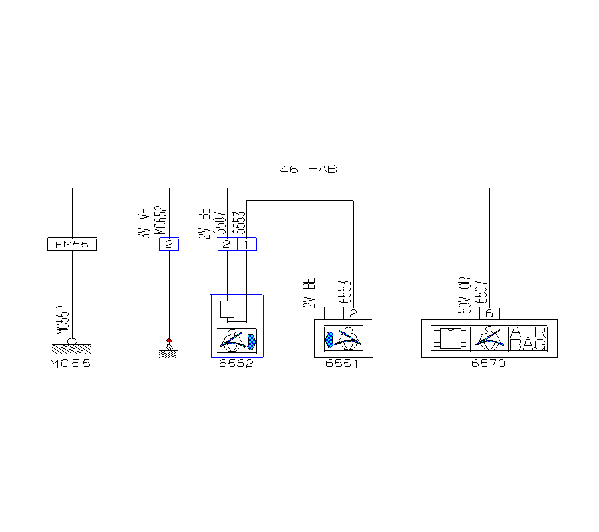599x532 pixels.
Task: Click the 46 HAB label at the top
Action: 309,170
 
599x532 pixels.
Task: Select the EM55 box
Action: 72,245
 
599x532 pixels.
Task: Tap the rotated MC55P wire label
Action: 62,321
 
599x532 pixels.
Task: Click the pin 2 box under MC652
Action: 169,245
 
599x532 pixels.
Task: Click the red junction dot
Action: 169,340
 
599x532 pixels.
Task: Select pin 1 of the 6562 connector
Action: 246,245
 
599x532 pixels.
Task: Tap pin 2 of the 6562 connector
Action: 227,245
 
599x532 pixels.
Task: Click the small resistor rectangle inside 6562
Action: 227,309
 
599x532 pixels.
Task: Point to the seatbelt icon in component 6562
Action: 237,342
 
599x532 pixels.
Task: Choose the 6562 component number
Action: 236,364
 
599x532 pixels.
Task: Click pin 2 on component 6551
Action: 353,313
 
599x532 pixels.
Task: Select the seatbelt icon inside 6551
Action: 343,338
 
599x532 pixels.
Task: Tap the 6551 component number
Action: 343,364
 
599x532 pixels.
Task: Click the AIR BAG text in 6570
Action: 528,338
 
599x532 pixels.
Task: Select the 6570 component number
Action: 489,364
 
